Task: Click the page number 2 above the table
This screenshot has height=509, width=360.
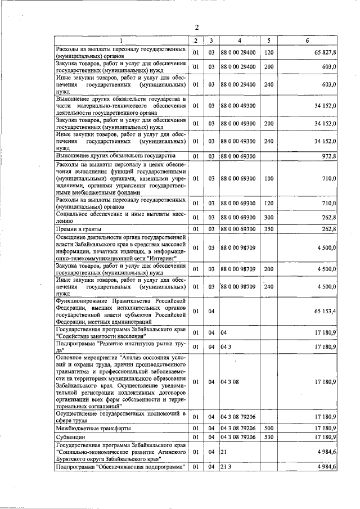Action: coord(197,28)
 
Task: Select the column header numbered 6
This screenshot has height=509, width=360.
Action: coord(307,40)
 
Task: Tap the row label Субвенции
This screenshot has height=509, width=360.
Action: coord(70,436)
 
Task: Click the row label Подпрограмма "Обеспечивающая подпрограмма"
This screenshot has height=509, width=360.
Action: coord(120,467)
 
